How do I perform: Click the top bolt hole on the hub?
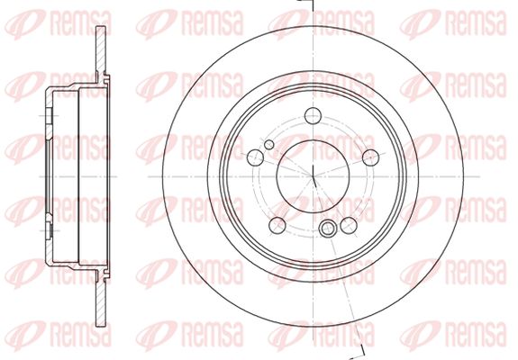point(313,116)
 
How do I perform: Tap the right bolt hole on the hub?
point(370,157)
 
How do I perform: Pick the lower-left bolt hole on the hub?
point(277,225)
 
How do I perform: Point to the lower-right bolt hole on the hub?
point(349,225)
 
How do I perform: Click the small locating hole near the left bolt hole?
point(269,145)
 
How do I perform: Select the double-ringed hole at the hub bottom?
point(328,229)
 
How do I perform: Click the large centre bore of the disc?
point(313,176)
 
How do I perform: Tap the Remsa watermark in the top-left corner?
point(58,23)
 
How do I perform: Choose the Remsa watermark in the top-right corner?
point(453,23)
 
